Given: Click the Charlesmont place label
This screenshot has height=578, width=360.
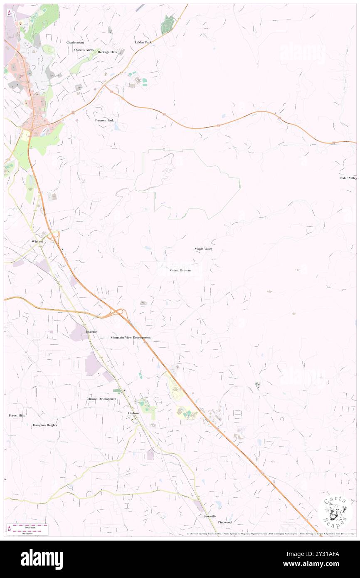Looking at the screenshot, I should pos(75,42).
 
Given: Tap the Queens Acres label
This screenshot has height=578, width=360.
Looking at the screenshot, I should pos(84,49).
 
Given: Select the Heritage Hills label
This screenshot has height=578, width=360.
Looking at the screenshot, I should pos(107,52).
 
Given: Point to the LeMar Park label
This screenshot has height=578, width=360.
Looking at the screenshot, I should pos(143,42).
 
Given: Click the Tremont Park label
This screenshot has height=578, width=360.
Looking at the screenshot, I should pos(104,120).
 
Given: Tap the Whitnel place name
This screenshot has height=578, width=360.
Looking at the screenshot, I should pos(37,241).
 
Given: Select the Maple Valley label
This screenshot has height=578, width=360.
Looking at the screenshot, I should pos(203,249).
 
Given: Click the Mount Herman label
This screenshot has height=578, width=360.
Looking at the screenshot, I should pos(180,270).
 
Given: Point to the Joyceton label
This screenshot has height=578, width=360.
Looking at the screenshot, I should pos(91,332).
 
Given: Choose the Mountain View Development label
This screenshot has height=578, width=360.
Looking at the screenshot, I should pos(131,338).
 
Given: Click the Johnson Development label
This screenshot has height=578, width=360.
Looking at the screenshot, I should pos(101,399).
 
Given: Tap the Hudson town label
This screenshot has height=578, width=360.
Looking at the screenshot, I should pos(133,413).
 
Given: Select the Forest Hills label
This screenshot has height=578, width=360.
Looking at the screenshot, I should pos(17,415).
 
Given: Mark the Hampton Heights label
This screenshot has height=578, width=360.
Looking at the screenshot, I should pos(45,425).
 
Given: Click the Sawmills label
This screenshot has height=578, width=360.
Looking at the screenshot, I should pos(210,516).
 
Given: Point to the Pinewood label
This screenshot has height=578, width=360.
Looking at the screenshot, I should pos(224,522).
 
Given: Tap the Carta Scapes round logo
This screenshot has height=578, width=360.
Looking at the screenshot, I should pos(335,512).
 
